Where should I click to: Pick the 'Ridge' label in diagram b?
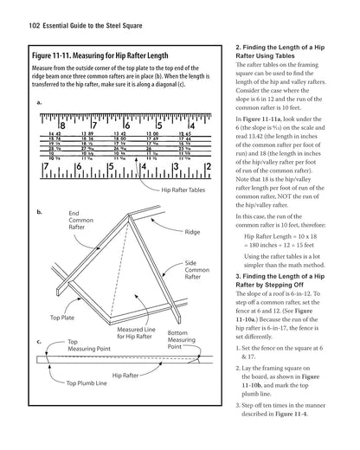pos(192,233)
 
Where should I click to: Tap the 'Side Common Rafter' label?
pos(196,270)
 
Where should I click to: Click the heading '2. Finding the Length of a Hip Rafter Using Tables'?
pos(284,49)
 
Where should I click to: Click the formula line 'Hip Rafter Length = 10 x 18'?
pos(282,235)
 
